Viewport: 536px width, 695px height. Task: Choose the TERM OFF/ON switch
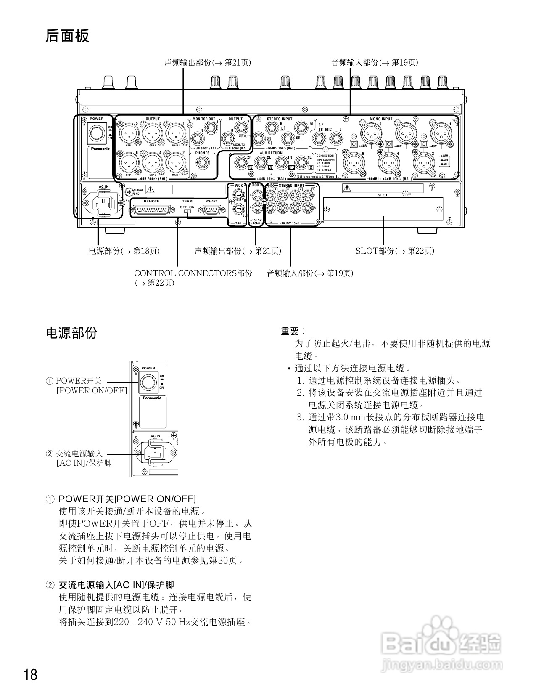coord(187,211)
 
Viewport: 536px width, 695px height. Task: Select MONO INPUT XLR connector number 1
coord(440,133)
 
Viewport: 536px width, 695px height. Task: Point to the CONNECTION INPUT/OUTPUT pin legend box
coord(326,162)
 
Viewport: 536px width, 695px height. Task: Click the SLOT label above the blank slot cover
coord(383,195)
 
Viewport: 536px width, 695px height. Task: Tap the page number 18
coord(31,675)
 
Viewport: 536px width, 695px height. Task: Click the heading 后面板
coord(67,36)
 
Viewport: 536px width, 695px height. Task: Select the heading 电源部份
coord(71,333)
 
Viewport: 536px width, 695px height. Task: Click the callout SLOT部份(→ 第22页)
coord(395,251)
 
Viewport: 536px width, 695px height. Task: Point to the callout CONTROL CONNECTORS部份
coord(193,273)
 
